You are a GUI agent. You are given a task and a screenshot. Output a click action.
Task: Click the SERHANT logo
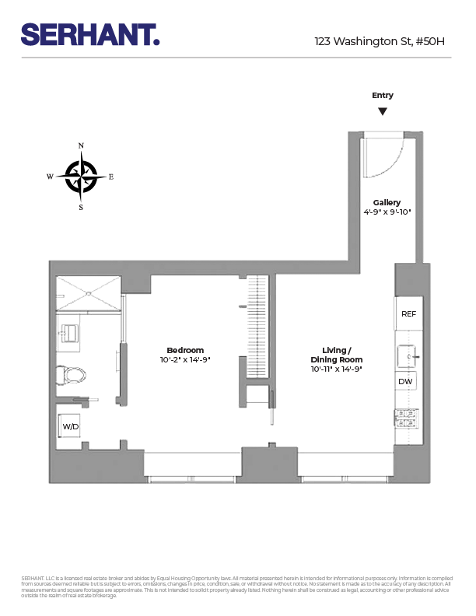(90, 34)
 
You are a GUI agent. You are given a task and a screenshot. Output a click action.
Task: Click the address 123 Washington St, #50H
(380, 41)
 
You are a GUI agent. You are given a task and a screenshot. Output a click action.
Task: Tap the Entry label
(382, 96)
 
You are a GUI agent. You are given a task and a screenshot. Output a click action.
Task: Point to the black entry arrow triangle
(382, 111)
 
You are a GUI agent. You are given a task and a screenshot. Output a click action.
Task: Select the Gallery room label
(387, 202)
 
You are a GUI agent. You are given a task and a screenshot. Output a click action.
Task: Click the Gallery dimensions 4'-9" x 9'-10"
(387, 212)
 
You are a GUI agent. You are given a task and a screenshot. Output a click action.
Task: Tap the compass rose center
(81, 177)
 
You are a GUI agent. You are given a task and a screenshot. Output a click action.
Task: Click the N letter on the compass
(81, 145)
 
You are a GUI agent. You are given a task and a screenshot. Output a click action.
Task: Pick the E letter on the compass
(111, 177)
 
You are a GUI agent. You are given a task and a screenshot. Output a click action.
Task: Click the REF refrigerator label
(408, 314)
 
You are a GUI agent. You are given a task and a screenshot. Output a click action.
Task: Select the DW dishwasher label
(405, 382)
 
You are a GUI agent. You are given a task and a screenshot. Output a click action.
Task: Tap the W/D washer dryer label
(71, 427)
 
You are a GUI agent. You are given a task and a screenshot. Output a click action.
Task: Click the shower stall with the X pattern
(88, 292)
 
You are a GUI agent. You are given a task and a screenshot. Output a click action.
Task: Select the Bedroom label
(185, 350)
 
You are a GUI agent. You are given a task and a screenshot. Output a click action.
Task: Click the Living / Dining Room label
(336, 355)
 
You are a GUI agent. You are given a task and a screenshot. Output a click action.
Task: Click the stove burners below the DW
(407, 418)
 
